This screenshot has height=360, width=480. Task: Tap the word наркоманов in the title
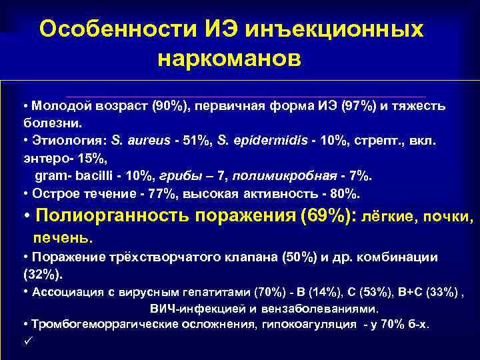tap(230, 59)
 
